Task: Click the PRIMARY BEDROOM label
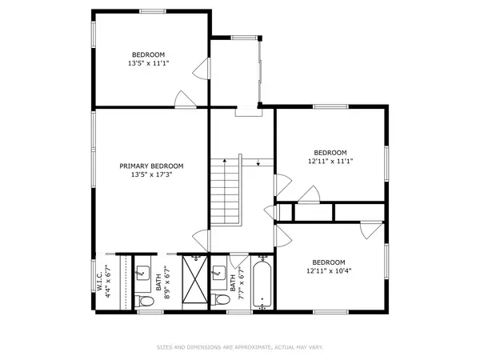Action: pyautogui.click(x=151, y=166)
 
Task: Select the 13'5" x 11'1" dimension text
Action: pyautogui.click(x=149, y=63)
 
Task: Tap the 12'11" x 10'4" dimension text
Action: pyautogui.click(x=329, y=271)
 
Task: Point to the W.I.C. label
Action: pyautogui.click(x=99, y=282)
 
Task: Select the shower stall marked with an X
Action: pyautogui.click(x=194, y=279)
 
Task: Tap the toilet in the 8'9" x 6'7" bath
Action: pyautogui.click(x=144, y=301)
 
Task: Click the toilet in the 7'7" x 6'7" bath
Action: pyautogui.click(x=221, y=299)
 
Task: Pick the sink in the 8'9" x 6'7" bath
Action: pyautogui.click(x=142, y=272)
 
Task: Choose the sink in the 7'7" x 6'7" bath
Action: pyautogui.click(x=219, y=272)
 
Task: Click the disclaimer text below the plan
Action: pyautogui.click(x=240, y=347)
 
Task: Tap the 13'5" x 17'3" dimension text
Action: pyautogui.click(x=152, y=174)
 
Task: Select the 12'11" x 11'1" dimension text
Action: pyautogui.click(x=330, y=161)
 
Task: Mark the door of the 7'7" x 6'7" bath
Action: pyautogui.click(x=238, y=260)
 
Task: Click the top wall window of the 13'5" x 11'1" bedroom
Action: pyautogui.click(x=153, y=11)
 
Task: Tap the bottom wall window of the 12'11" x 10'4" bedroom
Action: pyautogui.click(x=330, y=312)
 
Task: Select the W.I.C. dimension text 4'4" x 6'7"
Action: pyautogui.click(x=108, y=282)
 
